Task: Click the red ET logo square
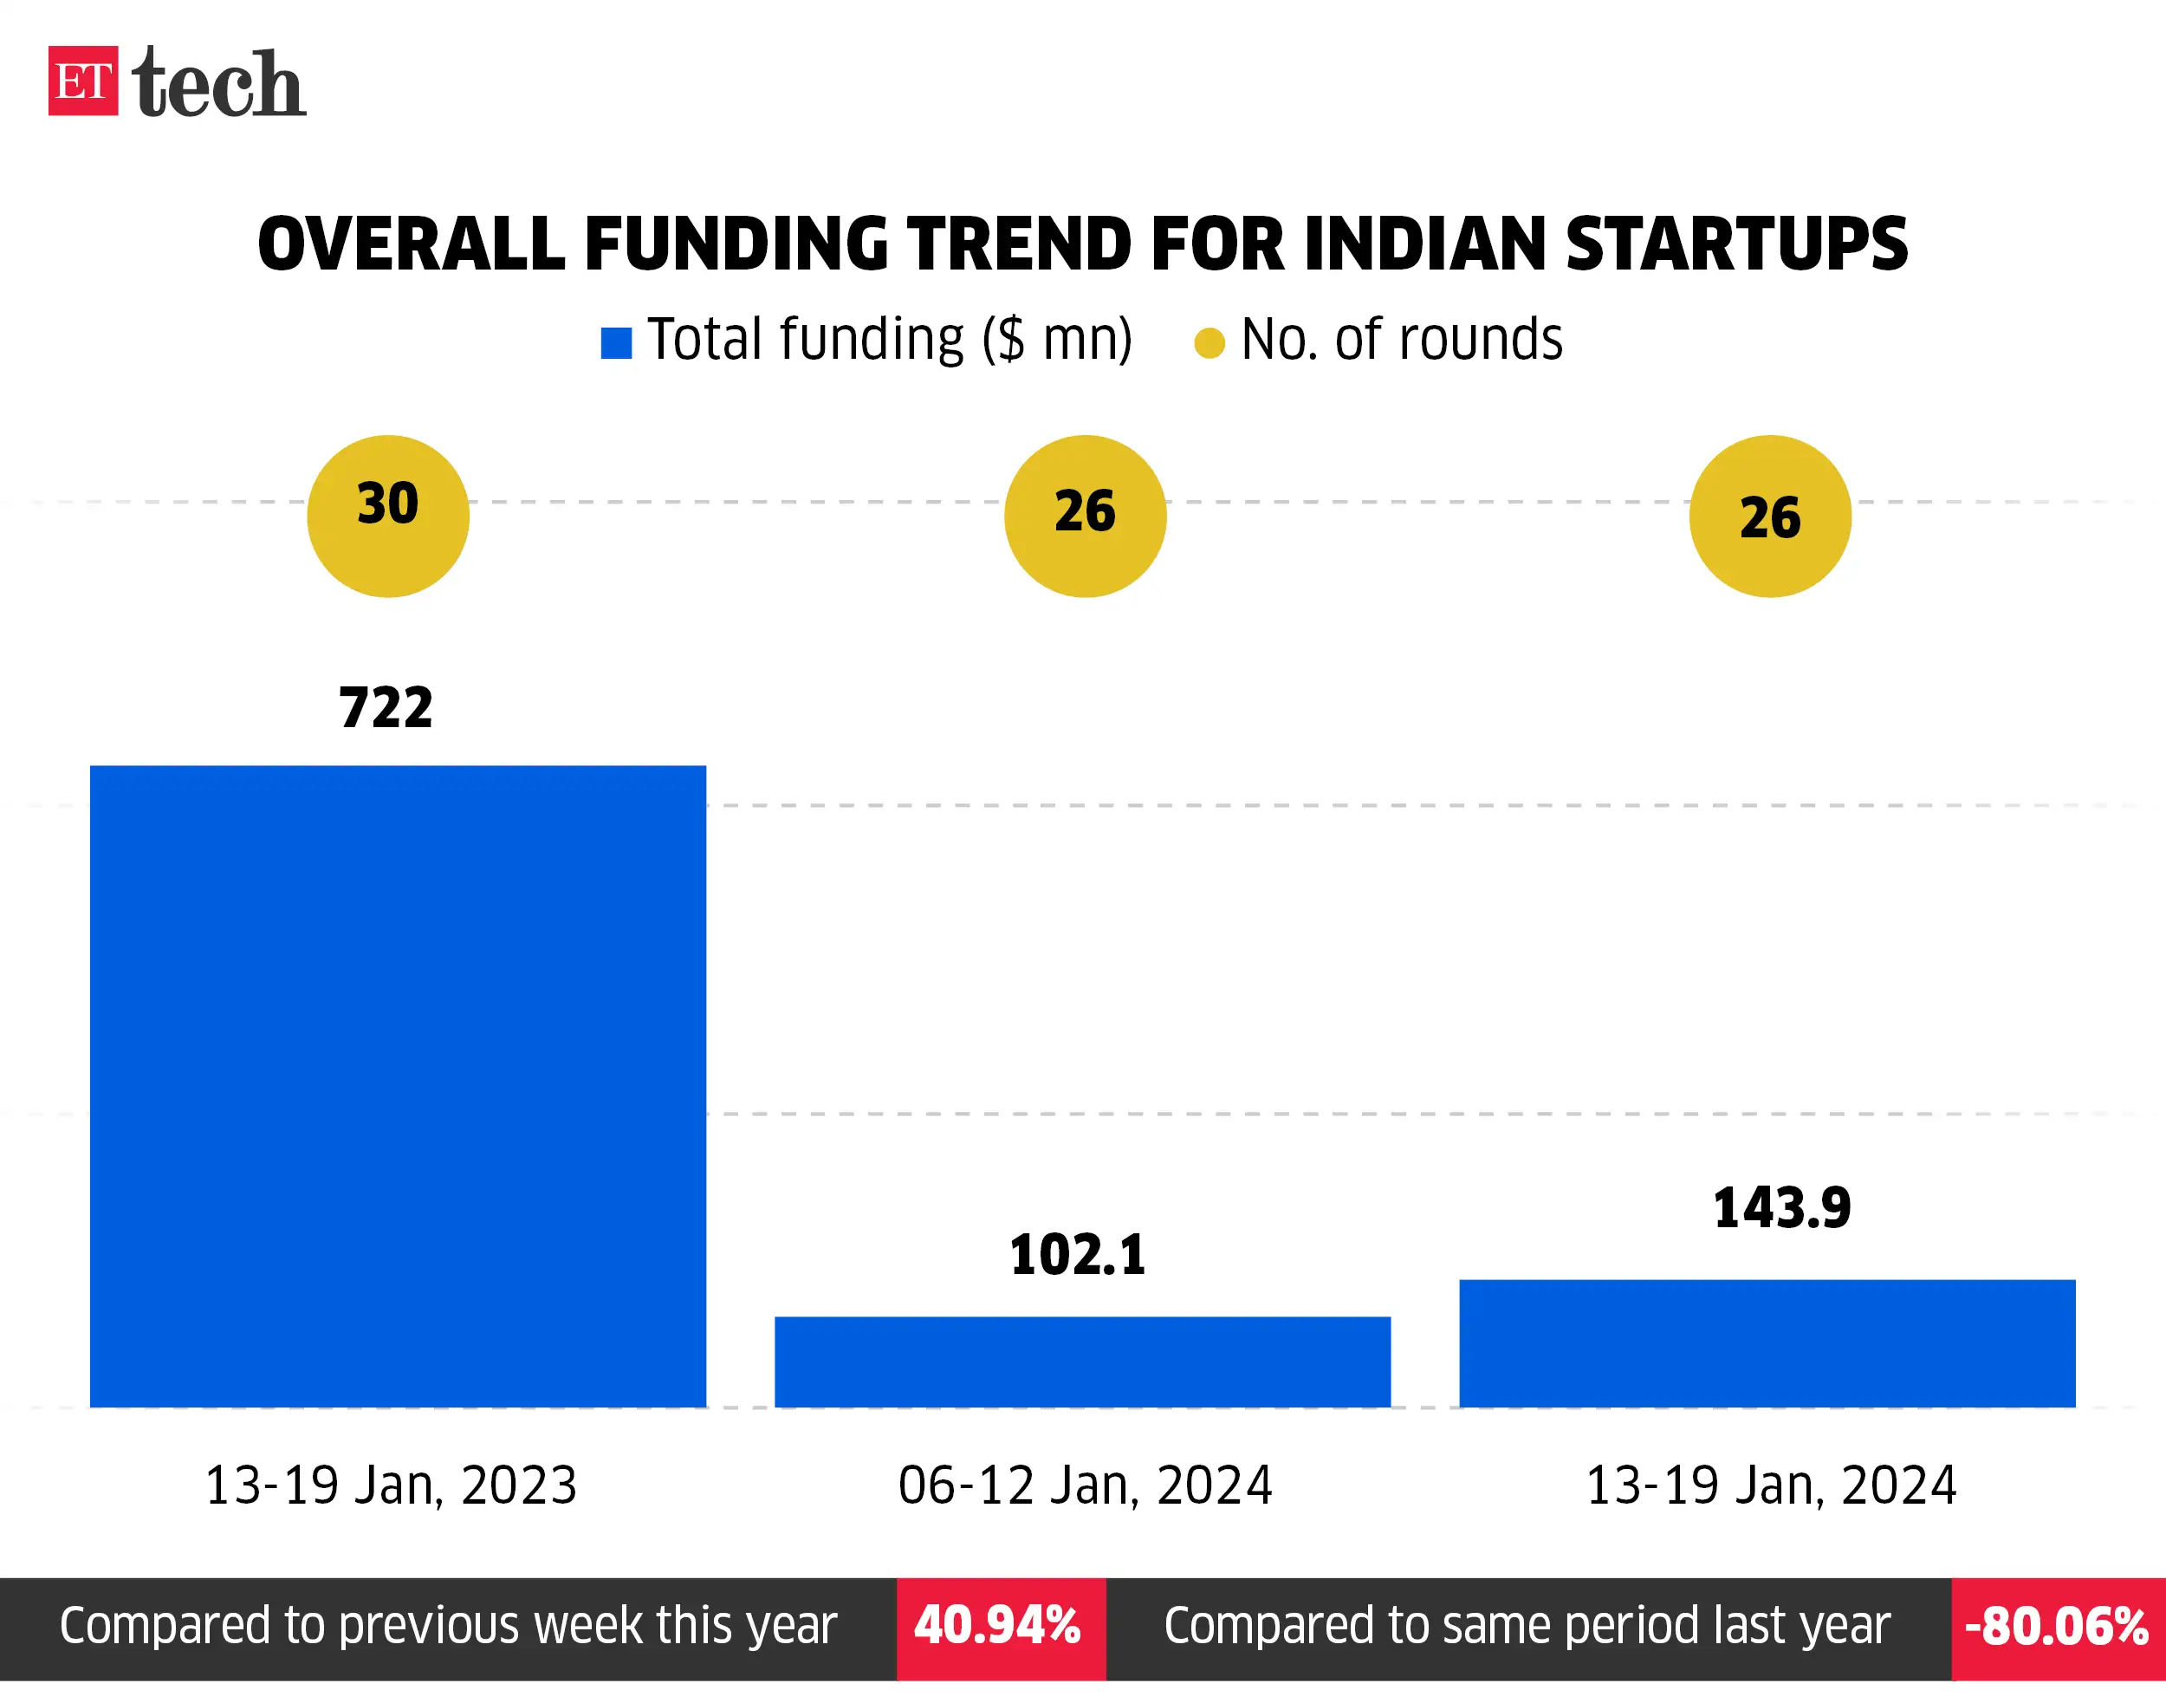point(82,81)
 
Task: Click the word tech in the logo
point(218,84)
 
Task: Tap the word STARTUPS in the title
point(1735,244)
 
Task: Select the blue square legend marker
point(616,343)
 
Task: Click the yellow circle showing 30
point(388,517)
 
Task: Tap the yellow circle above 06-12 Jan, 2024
point(1085,517)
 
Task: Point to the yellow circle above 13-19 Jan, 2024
point(1769,517)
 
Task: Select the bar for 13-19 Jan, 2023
point(398,1086)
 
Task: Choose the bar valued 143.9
point(1767,1343)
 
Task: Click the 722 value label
point(386,708)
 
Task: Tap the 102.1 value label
point(1078,1254)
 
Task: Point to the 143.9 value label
point(1781,1208)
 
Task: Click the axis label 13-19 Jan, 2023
point(391,1485)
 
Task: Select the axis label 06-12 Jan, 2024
point(1085,1485)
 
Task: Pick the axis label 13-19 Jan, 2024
point(1770,1485)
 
